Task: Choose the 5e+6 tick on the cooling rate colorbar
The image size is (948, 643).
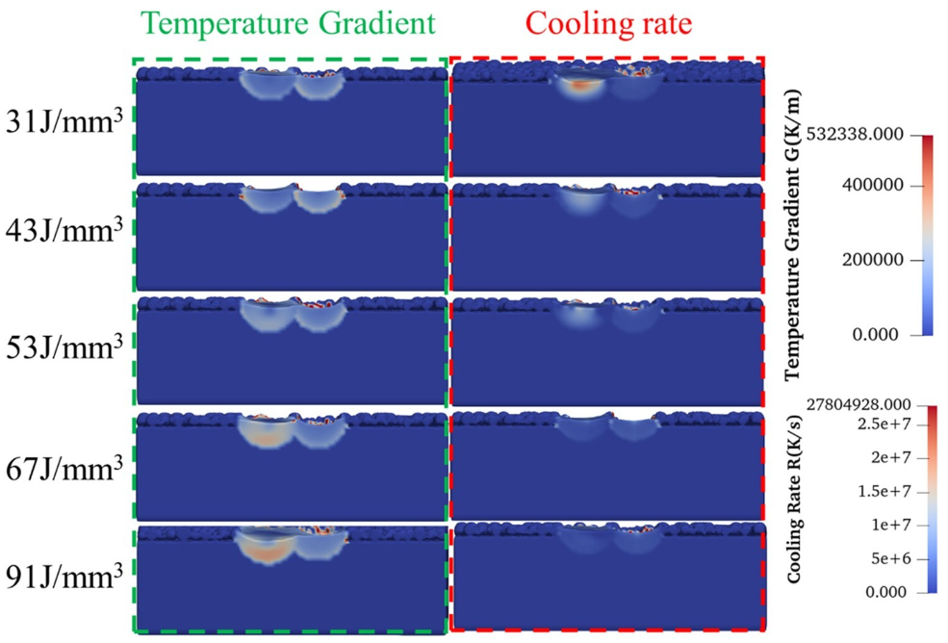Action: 884,559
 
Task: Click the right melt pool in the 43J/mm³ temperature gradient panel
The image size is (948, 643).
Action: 318,202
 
